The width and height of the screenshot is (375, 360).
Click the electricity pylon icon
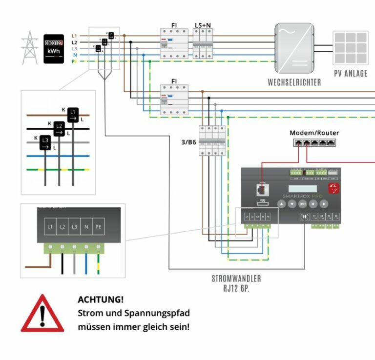point(30,47)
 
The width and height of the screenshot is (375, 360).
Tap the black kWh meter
point(54,48)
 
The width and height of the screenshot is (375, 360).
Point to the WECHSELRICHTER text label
point(294,82)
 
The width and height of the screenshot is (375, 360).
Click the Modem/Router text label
point(314,133)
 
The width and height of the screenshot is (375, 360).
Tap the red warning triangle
point(42,314)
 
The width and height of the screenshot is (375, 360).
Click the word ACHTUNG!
point(101,299)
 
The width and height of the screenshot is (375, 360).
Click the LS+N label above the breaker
point(203,25)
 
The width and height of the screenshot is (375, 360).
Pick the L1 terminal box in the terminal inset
point(50,227)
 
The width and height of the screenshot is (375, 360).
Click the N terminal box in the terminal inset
point(86,227)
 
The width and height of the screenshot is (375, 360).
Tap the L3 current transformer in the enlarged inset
point(45,142)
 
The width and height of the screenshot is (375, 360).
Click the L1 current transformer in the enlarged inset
point(73,114)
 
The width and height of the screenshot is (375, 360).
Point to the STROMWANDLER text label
point(236,279)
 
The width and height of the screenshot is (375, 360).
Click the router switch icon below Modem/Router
point(314,142)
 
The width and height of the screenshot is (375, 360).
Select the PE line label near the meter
point(74,61)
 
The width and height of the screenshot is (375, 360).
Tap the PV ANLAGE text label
point(351,73)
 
